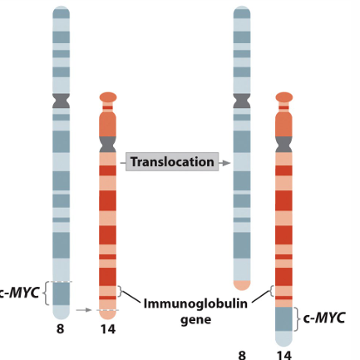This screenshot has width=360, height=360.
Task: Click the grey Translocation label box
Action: point(173,162)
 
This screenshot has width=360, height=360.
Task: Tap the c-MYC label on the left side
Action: point(18,293)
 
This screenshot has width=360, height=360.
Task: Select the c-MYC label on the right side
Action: point(323,318)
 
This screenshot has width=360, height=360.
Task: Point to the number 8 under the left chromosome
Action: point(61,330)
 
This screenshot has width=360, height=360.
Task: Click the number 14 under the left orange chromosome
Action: point(107,330)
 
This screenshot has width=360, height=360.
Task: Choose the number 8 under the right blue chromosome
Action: point(242,355)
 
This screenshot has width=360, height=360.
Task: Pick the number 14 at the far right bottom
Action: point(284,355)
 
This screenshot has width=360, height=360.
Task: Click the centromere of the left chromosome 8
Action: point(62,101)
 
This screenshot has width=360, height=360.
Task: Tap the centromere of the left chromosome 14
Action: point(108,145)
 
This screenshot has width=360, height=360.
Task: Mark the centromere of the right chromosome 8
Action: point(242,101)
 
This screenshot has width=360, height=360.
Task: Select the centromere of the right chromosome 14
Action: point(284,145)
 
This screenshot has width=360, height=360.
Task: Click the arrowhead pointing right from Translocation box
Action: point(226,162)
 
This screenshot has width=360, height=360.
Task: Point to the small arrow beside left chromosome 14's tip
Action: point(83,310)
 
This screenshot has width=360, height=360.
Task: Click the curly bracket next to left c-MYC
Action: point(46,293)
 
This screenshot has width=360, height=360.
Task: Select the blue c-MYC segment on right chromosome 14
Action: point(284,320)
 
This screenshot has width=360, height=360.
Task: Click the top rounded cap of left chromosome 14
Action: point(108,97)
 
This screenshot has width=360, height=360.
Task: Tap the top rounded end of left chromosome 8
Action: point(62,12)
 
